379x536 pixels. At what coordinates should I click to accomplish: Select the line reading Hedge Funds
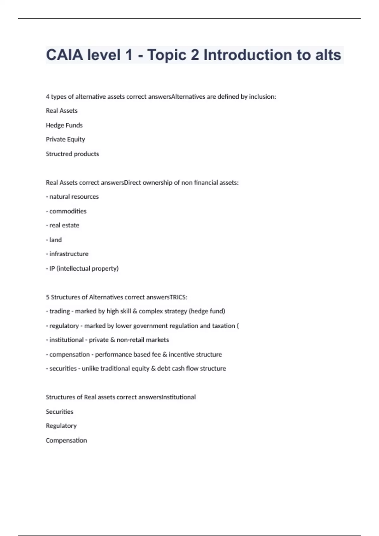click(64, 125)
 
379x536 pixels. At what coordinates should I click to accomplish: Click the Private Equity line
click(65, 139)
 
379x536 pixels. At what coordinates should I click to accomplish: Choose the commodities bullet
click(68, 211)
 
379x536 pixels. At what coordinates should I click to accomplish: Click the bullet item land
click(55, 240)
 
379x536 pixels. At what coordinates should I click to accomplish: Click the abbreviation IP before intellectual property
click(52, 269)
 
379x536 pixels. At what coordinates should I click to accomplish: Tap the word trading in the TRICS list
click(59, 311)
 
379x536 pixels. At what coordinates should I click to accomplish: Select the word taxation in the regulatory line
click(223, 326)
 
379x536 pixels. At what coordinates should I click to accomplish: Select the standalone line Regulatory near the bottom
click(61, 426)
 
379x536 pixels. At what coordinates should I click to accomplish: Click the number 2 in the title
click(195, 55)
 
